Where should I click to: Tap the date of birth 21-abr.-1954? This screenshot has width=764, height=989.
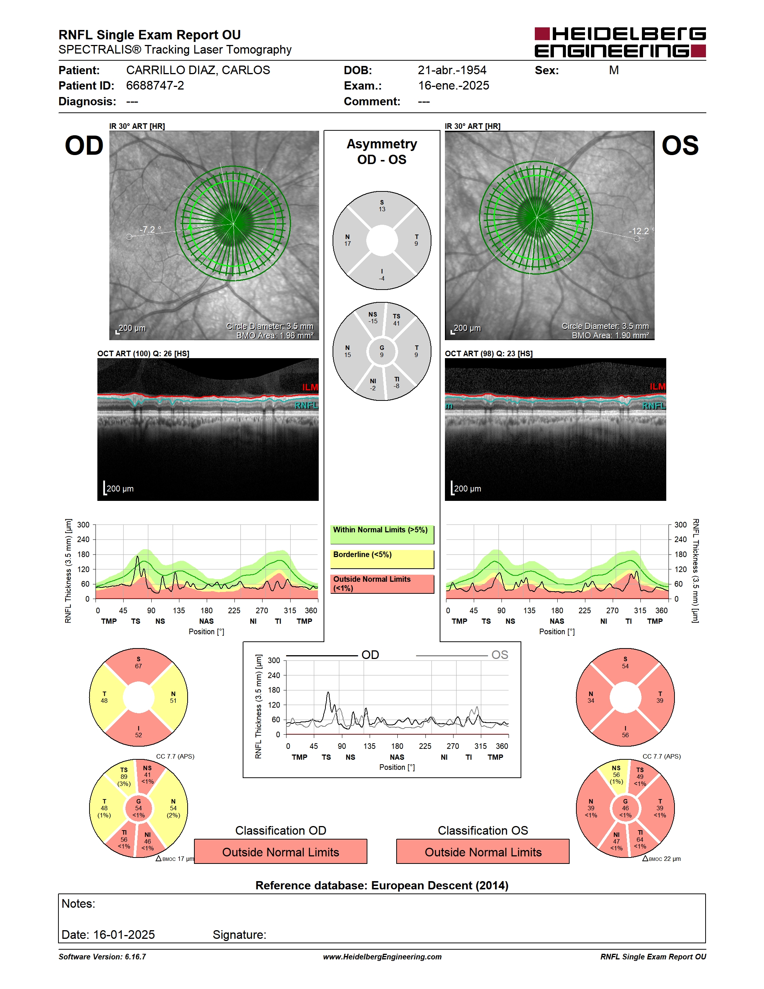coord(452,70)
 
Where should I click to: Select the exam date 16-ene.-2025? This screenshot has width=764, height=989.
coord(453,85)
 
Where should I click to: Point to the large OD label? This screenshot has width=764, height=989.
coord(84,145)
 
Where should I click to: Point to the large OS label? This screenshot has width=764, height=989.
coord(680,145)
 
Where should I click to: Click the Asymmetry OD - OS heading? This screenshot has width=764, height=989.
coord(382,152)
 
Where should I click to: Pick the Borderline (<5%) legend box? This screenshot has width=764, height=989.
coord(382,559)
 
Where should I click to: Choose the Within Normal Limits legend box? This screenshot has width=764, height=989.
coord(382,534)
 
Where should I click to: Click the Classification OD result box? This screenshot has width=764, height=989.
coord(281,852)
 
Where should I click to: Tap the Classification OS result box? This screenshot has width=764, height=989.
coord(483,852)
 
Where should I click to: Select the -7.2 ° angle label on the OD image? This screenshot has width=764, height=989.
coord(150,230)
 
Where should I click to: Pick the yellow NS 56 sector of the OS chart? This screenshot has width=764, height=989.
coord(616,775)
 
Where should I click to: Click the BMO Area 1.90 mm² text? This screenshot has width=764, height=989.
coord(610,336)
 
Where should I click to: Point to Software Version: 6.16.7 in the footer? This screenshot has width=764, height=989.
coord(102,957)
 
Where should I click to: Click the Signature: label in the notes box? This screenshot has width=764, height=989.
coord(239,935)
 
